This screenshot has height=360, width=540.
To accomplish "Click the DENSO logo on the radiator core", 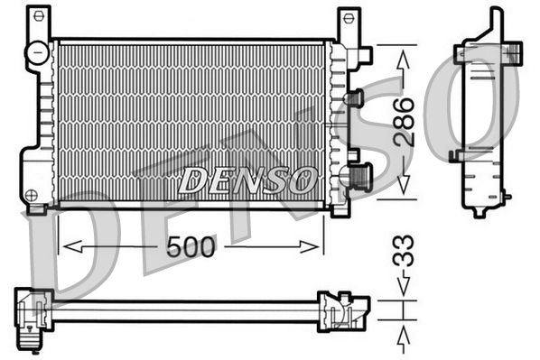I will tap(247, 180).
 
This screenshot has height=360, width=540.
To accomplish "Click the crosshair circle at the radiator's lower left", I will tap(33, 194).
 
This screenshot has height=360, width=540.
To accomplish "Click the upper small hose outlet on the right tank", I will tap(355, 97).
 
